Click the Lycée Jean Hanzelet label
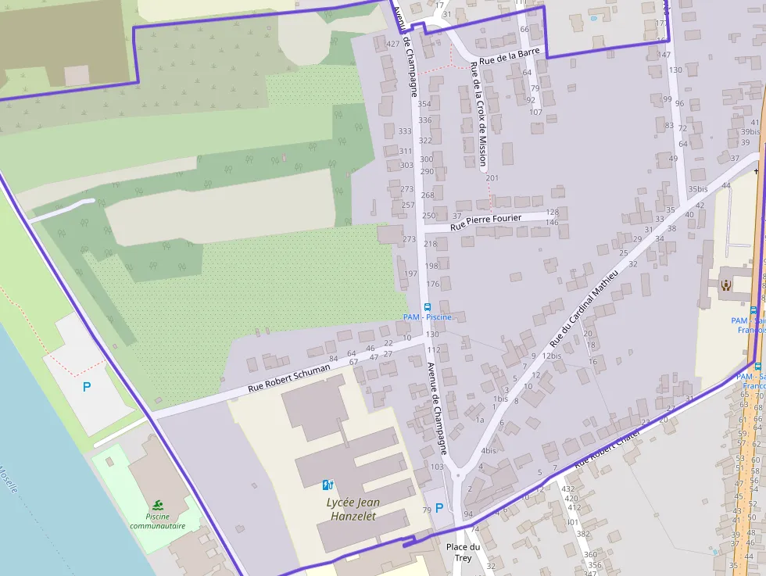click(352, 509)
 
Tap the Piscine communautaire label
click(158, 521)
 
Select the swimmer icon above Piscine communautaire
click(159, 505)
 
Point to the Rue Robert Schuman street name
click(288, 377)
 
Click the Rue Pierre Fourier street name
click(486, 222)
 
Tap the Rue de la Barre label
click(510, 56)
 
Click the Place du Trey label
click(463, 552)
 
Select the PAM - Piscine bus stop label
click(428, 317)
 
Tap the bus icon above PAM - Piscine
click(427, 307)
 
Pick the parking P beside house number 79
click(438, 507)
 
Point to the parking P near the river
click(87, 386)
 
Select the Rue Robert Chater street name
click(607, 448)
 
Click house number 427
click(393, 44)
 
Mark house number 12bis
click(551, 356)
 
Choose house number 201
click(492, 178)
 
